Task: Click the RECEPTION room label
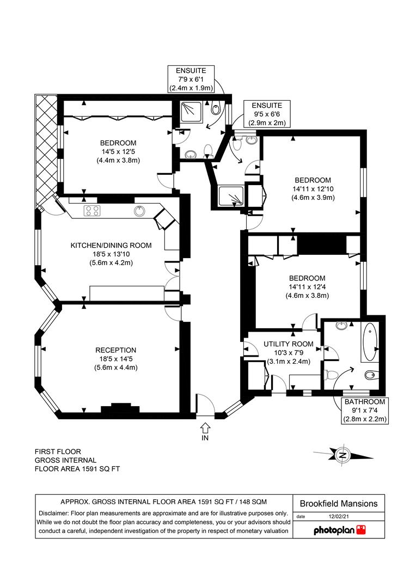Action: click(115, 350)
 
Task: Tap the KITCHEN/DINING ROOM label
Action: click(111, 246)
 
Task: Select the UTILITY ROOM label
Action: click(288, 344)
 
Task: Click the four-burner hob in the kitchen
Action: click(92, 211)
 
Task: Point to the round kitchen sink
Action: click(139, 211)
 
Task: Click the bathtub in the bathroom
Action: click(370, 342)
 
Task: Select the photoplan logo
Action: click(339, 530)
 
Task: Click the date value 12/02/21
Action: click(339, 516)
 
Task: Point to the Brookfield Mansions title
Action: click(339, 504)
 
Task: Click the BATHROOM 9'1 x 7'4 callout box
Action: click(365, 411)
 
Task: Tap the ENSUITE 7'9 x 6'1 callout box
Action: click(191, 79)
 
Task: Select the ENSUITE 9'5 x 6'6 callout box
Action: click(267, 114)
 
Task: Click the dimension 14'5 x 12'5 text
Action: click(118, 152)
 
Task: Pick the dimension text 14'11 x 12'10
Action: click(313, 189)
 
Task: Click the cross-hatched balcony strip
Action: click(46, 150)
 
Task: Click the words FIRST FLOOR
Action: click(58, 451)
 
